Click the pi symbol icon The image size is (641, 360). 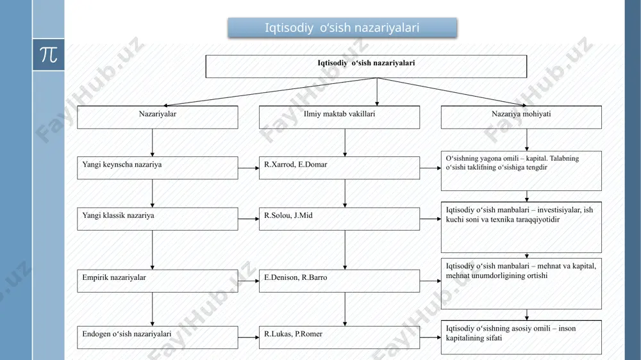pyautogui.click(x=48, y=54)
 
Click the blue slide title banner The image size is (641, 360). pyautogui.click(x=342, y=28)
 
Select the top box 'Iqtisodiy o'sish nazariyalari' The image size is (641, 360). pyautogui.click(x=366, y=66)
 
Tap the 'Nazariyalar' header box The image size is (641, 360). pyautogui.click(x=158, y=117)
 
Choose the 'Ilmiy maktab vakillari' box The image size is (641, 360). pyautogui.click(x=339, y=117)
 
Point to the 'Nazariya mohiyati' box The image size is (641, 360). pyautogui.click(x=521, y=117)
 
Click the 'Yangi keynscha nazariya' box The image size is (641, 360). pyautogui.click(x=158, y=168)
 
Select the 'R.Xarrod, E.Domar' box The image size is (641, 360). pyautogui.click(x=339, y=168)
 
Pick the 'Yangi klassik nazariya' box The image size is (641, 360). pyautogui.click(x=158, y=219)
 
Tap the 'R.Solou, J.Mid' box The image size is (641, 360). pyautogui.click(x=339, y=219)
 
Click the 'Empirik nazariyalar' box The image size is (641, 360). pyautogui.click(x=158, y=281)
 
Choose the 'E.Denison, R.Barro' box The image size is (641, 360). pyautogui.click(x=339, y=281)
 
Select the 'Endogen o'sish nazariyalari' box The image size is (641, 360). pyautogui.click(x=158, y=337)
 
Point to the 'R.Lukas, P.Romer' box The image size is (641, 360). pyautogui.click(x=339, y=337)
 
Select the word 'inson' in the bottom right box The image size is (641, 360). pyautogui.click(x=567, y=329)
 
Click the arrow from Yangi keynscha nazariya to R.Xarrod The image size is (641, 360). pyautogui.click(x=249, y=168)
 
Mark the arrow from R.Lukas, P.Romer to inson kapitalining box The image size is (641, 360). pyautogui.click(x=431, y=338)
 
